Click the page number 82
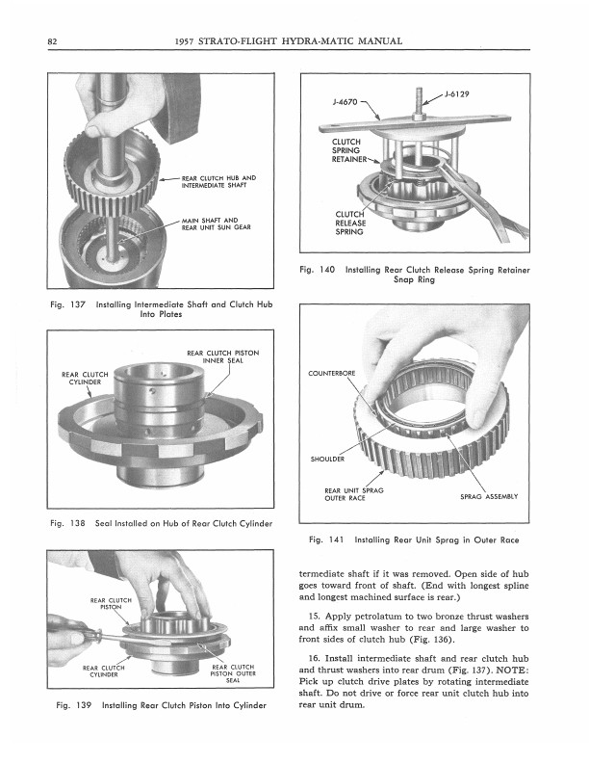click(52, 41)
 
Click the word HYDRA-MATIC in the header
click(318, 41)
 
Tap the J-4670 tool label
click(346, 102)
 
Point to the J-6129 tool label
click(457, 93)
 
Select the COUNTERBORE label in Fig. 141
click(331, 373)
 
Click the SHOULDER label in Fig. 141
click(327, 459)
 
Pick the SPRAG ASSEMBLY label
click(489, 496)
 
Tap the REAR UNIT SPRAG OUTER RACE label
click(354, 494)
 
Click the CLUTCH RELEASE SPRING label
click(350, 223)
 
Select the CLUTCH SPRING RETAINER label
click(349, 150)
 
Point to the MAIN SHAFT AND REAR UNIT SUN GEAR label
click(217, 224)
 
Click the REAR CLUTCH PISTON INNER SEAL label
click(223, 356)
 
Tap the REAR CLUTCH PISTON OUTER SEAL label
click(233, 673)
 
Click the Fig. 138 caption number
click(67, 523)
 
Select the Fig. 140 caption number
click(318, 270)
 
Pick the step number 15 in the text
click(315, 616)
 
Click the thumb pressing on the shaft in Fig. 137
click(99, 129)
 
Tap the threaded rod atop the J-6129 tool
click(419, 101)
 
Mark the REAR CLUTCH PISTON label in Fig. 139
click(111, 603)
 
